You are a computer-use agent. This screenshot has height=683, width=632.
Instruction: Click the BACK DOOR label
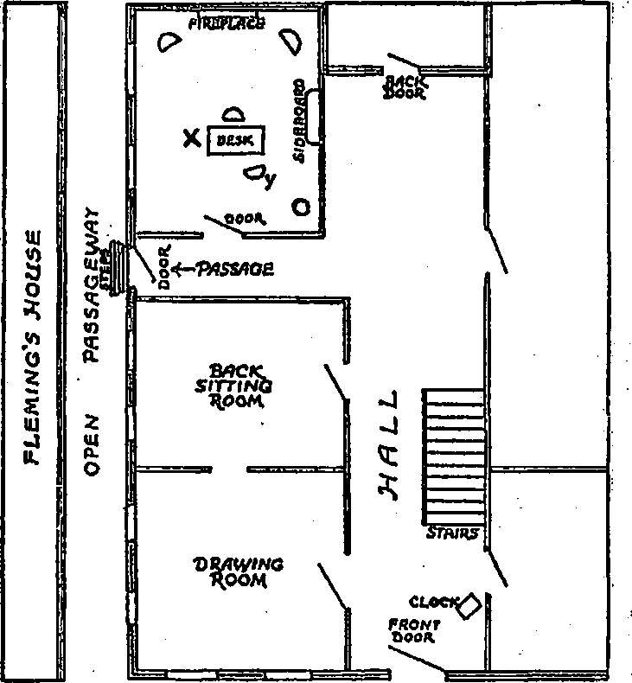pos(404,86)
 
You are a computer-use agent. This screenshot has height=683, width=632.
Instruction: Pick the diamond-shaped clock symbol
pos(469,604)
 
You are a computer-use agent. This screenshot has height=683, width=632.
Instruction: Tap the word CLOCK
pos(432,602)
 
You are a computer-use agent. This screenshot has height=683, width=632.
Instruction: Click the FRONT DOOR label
pos(414,630)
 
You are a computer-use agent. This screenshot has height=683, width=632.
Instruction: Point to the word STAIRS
pos(451,534)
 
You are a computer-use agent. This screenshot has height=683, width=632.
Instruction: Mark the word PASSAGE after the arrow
pos(236,269)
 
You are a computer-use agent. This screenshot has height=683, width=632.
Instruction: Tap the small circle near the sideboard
pos(302,207)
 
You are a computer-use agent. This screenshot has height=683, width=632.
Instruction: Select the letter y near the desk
pos(270,180)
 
